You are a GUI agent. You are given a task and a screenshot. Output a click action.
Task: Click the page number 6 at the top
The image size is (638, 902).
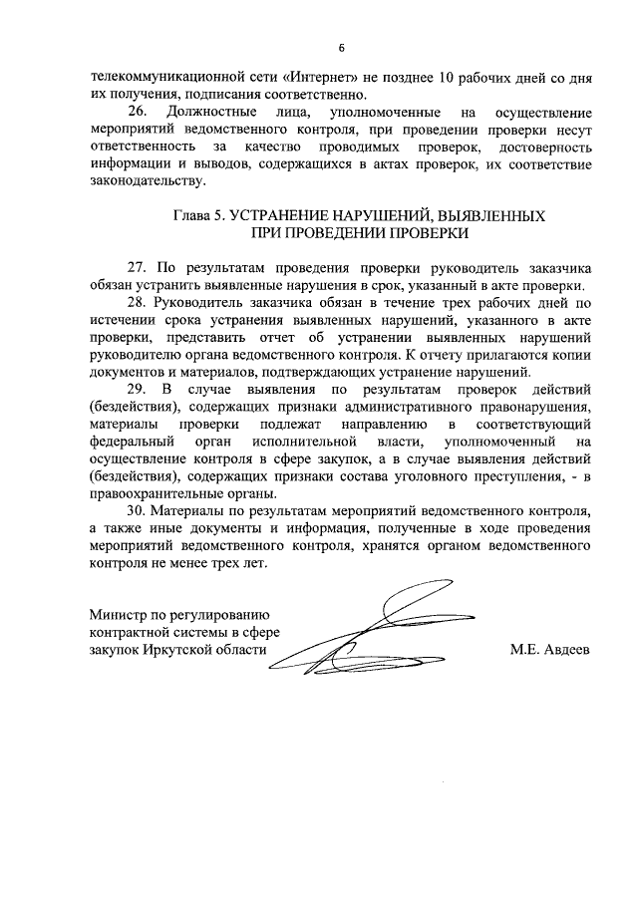[341, 48]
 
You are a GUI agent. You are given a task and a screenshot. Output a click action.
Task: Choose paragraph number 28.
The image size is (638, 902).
[138, 303]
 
